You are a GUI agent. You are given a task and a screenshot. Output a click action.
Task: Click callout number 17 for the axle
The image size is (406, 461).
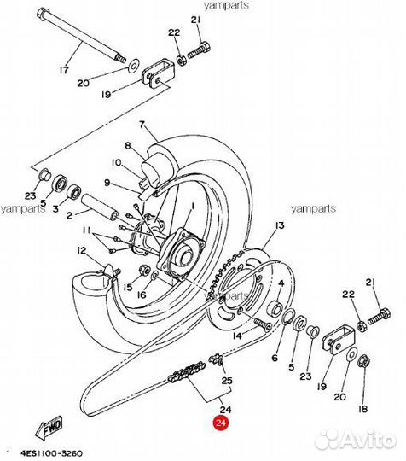[x=62, y=72]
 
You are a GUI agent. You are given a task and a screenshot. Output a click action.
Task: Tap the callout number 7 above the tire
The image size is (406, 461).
[x=142, y=124]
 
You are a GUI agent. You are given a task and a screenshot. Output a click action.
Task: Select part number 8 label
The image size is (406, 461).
[x=129, y=145]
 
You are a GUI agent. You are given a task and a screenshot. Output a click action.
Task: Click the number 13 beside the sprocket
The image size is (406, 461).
[x=278, y=225]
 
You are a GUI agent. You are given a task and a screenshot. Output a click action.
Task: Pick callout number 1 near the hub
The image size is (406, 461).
[x=192, y=206]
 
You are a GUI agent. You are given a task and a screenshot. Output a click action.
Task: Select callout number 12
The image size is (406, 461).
[x=82, y=250]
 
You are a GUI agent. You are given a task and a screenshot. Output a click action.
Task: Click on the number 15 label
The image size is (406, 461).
[x=128, y=289]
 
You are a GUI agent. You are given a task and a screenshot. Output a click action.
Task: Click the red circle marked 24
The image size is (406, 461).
[x=222, y=422]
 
